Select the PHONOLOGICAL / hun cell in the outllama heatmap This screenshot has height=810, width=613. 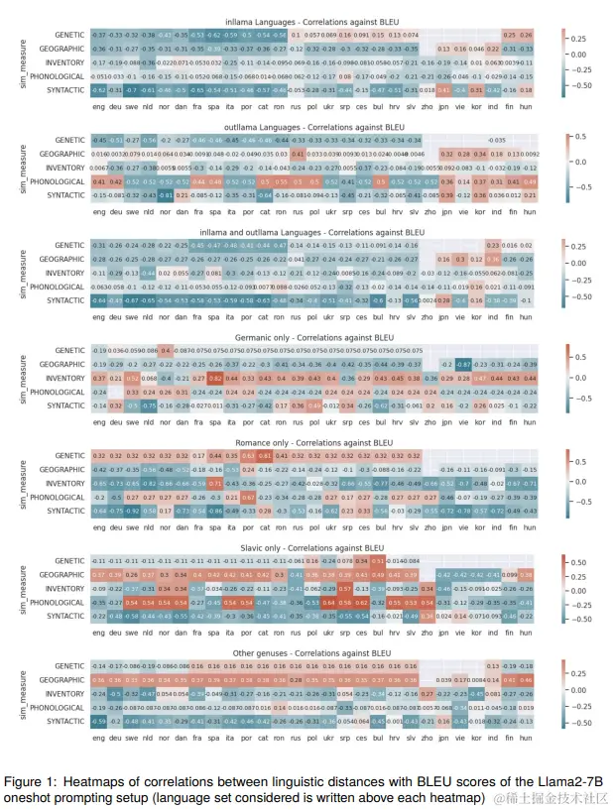tap(528, 182)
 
